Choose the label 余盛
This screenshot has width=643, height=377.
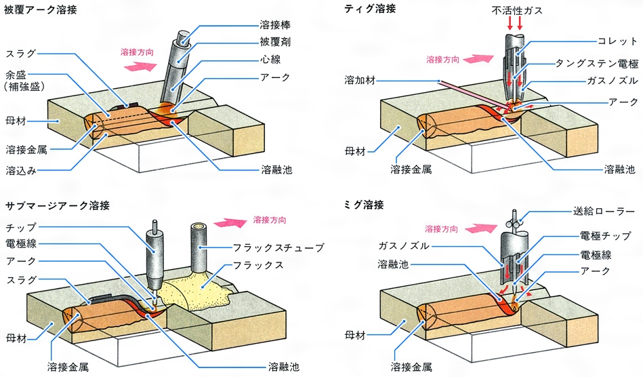[x=17, y=75]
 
